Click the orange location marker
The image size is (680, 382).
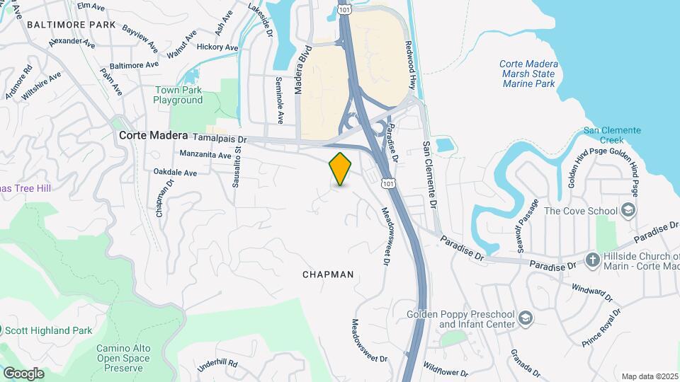(x=341, y=169)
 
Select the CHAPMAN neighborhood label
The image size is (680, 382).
(x=327, y=274)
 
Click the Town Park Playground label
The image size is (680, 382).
(x=178, y=95)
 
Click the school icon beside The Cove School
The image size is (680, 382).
(x=627, y=210)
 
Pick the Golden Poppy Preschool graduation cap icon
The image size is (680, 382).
(x=525, y=319)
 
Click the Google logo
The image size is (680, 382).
(x=23, y=373)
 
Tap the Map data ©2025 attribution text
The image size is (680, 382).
(x=650, y=376)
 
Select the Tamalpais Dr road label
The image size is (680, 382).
(x=219, y=139)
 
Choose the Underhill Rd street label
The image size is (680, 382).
(x=217, y=366)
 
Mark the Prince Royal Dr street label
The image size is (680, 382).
(x=602, y=327)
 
